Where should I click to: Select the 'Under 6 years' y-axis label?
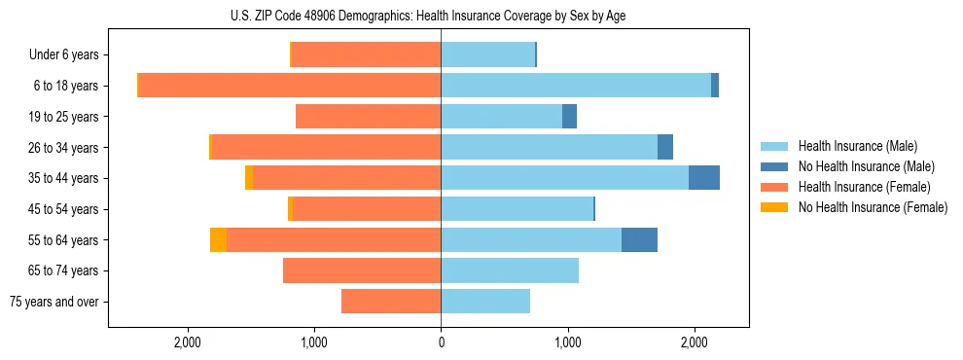click(63, 54)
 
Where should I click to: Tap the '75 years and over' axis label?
click(54, 302)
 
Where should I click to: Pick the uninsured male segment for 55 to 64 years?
click(639, 239)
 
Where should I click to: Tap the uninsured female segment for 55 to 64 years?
click(218, 239)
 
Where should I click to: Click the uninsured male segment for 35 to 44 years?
click(704, 178)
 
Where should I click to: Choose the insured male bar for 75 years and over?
click(485, 302)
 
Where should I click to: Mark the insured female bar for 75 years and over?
click(391, 302)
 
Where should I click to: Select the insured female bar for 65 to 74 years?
click(362, 270)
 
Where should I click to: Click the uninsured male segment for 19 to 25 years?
click(569, 117)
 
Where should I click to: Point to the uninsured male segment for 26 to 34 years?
click(665, 147)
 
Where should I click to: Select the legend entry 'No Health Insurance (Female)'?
click(873, 206)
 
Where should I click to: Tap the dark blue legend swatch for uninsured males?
click(774, 166)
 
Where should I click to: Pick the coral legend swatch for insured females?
click(774, 187)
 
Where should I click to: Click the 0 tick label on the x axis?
click(441, 342)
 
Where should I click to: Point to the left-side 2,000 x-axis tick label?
click(187, 342)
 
